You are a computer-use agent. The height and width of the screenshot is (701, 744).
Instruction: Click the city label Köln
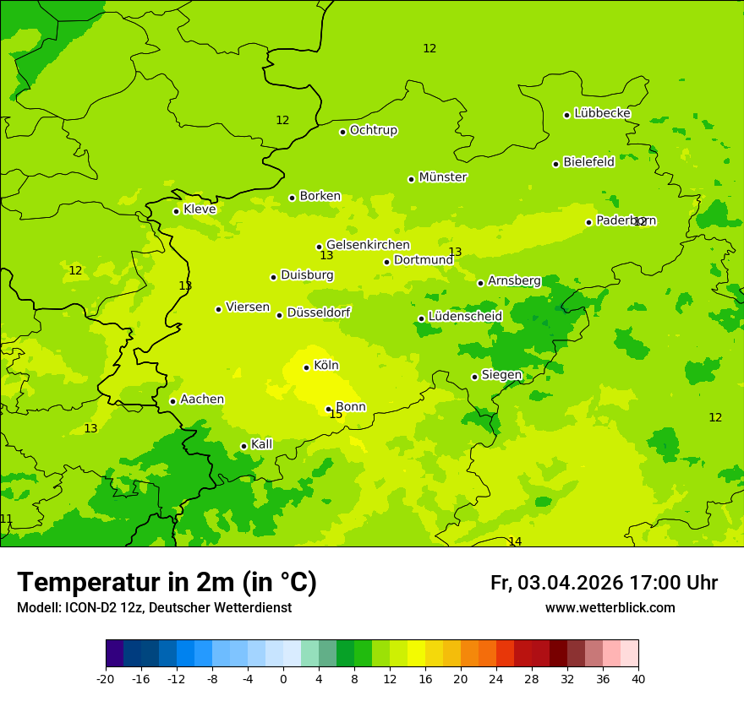[325, 366]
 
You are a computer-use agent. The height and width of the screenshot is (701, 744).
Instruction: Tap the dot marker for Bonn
[329, 409]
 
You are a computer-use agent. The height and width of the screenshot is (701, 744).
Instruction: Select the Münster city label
[442, 177]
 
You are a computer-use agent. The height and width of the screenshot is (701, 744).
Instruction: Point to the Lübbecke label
[602, 113]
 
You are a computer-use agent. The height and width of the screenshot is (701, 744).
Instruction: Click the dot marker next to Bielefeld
[556, 164]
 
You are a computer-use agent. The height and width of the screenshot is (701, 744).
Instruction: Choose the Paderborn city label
[626, 220]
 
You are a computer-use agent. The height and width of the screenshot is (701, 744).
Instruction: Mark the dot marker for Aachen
[173, 401]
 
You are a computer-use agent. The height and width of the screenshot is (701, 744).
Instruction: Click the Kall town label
[261, 444]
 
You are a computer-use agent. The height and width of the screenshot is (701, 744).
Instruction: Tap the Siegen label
[501, 375]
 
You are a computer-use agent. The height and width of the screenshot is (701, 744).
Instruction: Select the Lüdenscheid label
[465, 317]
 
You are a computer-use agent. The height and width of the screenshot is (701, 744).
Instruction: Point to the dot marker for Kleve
[177, 211]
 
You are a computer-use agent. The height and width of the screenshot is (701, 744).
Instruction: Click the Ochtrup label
[373, 130]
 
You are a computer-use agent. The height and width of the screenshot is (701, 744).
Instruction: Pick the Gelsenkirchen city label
[368, 245]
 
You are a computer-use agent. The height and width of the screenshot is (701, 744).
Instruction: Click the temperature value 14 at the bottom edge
[515, 541]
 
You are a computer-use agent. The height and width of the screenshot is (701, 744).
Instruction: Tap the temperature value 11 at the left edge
[7, 519]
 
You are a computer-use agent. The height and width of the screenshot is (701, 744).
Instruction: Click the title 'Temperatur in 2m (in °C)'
[167, 583]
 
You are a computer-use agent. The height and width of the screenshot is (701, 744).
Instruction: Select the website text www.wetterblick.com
[610, 608]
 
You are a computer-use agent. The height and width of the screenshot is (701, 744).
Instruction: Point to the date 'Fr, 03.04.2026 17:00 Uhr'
[604, 583]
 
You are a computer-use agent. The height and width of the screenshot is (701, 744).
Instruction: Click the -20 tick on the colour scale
[106, 678]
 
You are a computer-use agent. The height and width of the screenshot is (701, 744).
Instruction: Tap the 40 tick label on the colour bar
[638, 678]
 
